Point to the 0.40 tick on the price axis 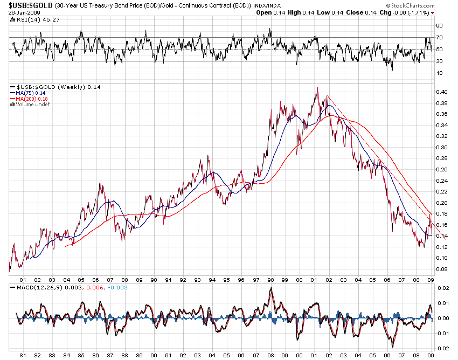coord(441,92)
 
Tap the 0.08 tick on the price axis coord(441,269)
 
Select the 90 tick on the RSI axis coord(439,26)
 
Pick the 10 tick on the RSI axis coord(439,73)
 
